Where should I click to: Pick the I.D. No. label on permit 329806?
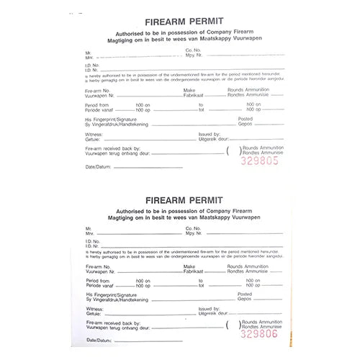(x=91, y=241)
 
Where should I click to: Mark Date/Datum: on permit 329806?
(x=99, y=339)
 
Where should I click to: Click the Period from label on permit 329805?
(x=97, y=104)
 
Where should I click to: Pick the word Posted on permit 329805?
(x=246, y=119)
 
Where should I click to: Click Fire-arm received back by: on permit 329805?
(x=112, y=147)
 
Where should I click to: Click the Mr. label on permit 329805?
(x=89, y=52)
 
